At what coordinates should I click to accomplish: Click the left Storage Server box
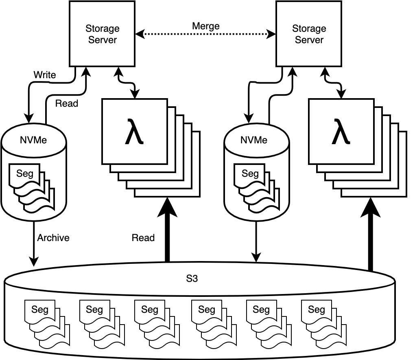click(x=102, y=34)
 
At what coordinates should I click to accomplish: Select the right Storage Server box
click(x=309, y=34)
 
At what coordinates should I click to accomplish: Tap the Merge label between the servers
click(x=205, y=26)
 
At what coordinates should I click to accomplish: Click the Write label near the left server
click(x=45, y=75)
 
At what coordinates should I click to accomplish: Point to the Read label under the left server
click(x=67, y=103)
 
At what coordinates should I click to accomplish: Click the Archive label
click(x=53, y=238)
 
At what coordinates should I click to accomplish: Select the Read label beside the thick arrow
click(x=143, y=238)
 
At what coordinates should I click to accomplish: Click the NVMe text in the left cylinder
click(x=33, y=140)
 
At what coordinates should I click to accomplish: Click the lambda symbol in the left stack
click(x=135, y=131)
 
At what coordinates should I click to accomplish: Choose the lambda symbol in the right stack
click(x=341, y=131)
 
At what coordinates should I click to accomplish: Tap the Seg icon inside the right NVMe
click(x=250, y=173)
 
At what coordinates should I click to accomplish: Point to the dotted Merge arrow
click(x=205, y=35)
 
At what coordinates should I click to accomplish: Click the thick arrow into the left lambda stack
click(x=167, y=230)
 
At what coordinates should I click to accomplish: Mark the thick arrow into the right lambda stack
click(x=370, y=234)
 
